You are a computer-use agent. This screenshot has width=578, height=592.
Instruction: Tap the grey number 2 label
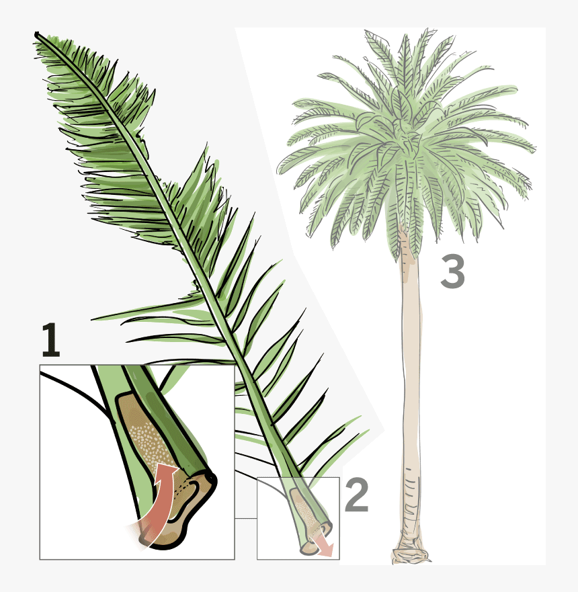pyautogui.click(x=356, y=495)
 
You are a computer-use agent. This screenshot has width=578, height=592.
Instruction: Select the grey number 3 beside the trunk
pyautogui.click(x=452, y=272)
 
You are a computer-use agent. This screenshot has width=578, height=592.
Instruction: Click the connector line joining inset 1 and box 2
pyautogui.click(x=246, y=518)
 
